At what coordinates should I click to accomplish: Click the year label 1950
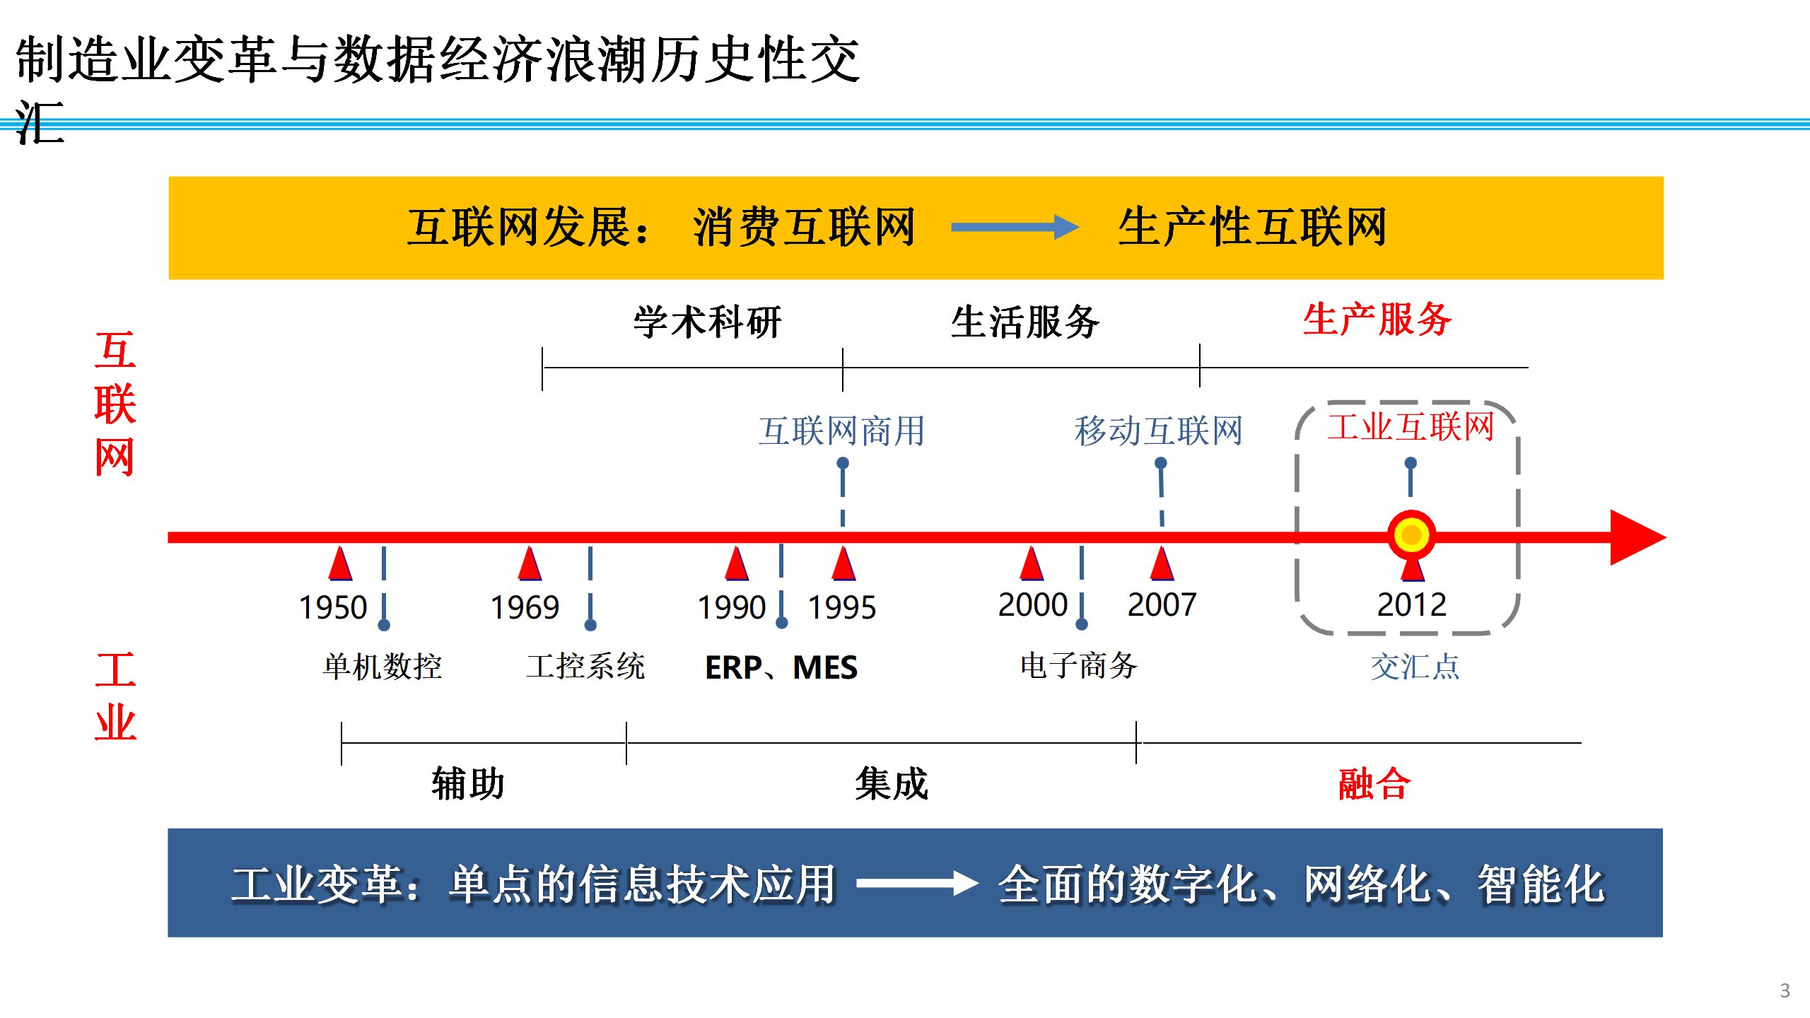coord(333,607)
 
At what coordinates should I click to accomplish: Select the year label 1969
coord(525,607)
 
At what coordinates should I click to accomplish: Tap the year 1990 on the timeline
coord(732,607)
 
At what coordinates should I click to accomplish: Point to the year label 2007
coord(1162,604)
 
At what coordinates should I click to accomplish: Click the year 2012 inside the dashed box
coord(1411,604)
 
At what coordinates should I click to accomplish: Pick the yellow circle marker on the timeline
coord(1411,535)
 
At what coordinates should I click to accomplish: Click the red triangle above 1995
coord(843,564)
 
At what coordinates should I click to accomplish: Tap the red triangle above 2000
coord(1032,564)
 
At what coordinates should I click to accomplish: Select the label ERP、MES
coord(781,667)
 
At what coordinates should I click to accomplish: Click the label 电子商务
coord(1078,666)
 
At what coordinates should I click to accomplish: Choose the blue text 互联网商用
coord(841,431)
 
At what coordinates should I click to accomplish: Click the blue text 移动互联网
coord(1159,431)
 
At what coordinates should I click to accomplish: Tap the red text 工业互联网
coord(1411,427)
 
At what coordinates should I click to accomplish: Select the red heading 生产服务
coord(1377,320)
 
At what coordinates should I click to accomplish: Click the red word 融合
coord(1374,784)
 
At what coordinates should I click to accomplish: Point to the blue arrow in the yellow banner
coord(1015,227)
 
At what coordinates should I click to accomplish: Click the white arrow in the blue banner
coord(917,883)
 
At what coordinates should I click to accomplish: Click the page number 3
coord(1785,990)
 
